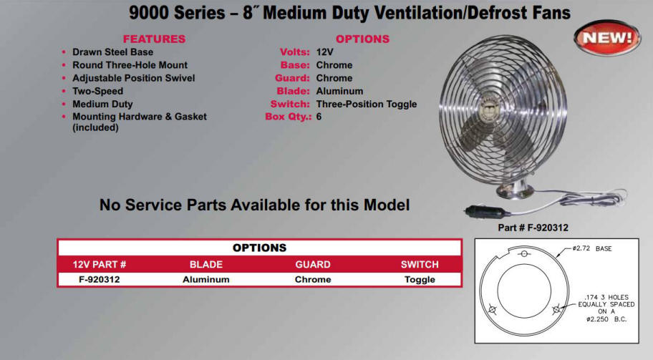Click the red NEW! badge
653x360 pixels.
tap(607, 38)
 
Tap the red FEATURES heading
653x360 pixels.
tap(154, 39)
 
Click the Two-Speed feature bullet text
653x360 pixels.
tap(98, 91)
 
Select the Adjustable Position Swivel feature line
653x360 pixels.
tap(134, 78)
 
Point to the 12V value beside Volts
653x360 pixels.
tap(325, 52)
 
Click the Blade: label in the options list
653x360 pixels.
tap(293, 91)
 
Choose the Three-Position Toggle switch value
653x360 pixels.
tap(367, 104)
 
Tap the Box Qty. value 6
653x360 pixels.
tap(319, 117)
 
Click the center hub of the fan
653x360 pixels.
tap(491, 109)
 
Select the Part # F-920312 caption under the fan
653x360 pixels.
tap(533, 228)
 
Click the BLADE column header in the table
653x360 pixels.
tap(206, 264)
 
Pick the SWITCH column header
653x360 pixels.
tap(420, 264)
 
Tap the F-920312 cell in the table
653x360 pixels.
tap(99, 280)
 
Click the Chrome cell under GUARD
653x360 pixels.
tap(313, 280)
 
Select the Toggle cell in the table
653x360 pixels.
tap(420, 280)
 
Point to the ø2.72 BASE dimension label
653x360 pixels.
tap(591, 248)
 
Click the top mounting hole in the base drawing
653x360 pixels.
tap(524, 253)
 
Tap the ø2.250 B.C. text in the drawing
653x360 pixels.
tap(606, 319)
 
